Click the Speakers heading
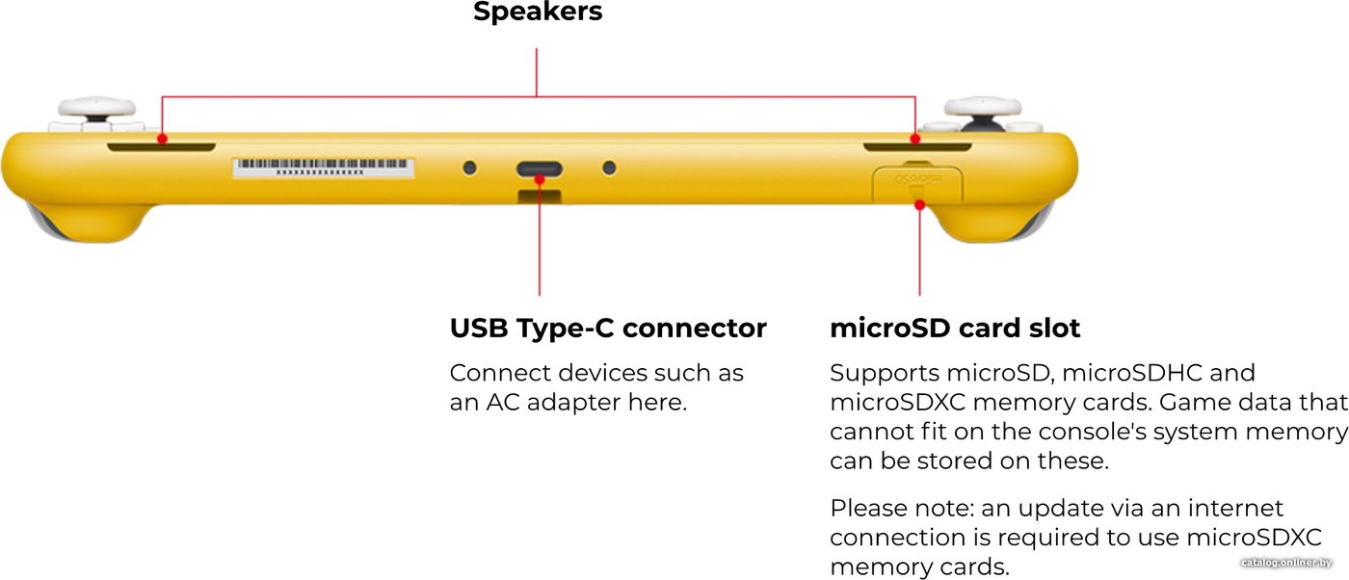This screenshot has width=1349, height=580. click(x=538, y=13)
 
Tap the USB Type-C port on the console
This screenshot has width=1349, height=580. click(x=539, y=169)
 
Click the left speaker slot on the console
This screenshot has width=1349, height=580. click(x=162, y=146)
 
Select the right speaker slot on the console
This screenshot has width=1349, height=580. click(x=917, y=146)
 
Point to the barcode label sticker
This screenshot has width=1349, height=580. click(x=324, y=168)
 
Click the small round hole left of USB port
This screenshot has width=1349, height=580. click(x=470, y=168)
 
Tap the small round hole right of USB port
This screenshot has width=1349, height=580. click(x=609, y=168)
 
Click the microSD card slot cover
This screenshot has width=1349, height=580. click(x=917, y=183)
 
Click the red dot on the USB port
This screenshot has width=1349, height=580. click(x=540, y=179)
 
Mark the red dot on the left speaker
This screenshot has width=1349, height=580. click(x=162, y=139)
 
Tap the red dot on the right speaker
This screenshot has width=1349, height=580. click(x=915, y=139)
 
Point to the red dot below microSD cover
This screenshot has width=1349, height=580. click(x=919, y=205)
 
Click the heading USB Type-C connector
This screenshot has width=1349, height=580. click(x=608, y=329)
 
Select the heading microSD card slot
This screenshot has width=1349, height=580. click(x=955, y=329)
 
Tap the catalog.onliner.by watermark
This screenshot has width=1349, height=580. click(x=1286, y=563)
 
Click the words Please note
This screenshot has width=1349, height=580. click(x=902, y=509)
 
